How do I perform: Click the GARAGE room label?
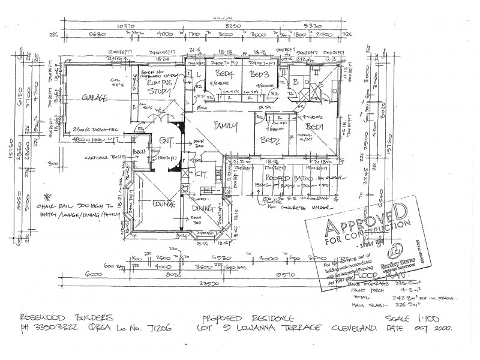point(91,98)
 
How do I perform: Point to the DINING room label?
point(205,208)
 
